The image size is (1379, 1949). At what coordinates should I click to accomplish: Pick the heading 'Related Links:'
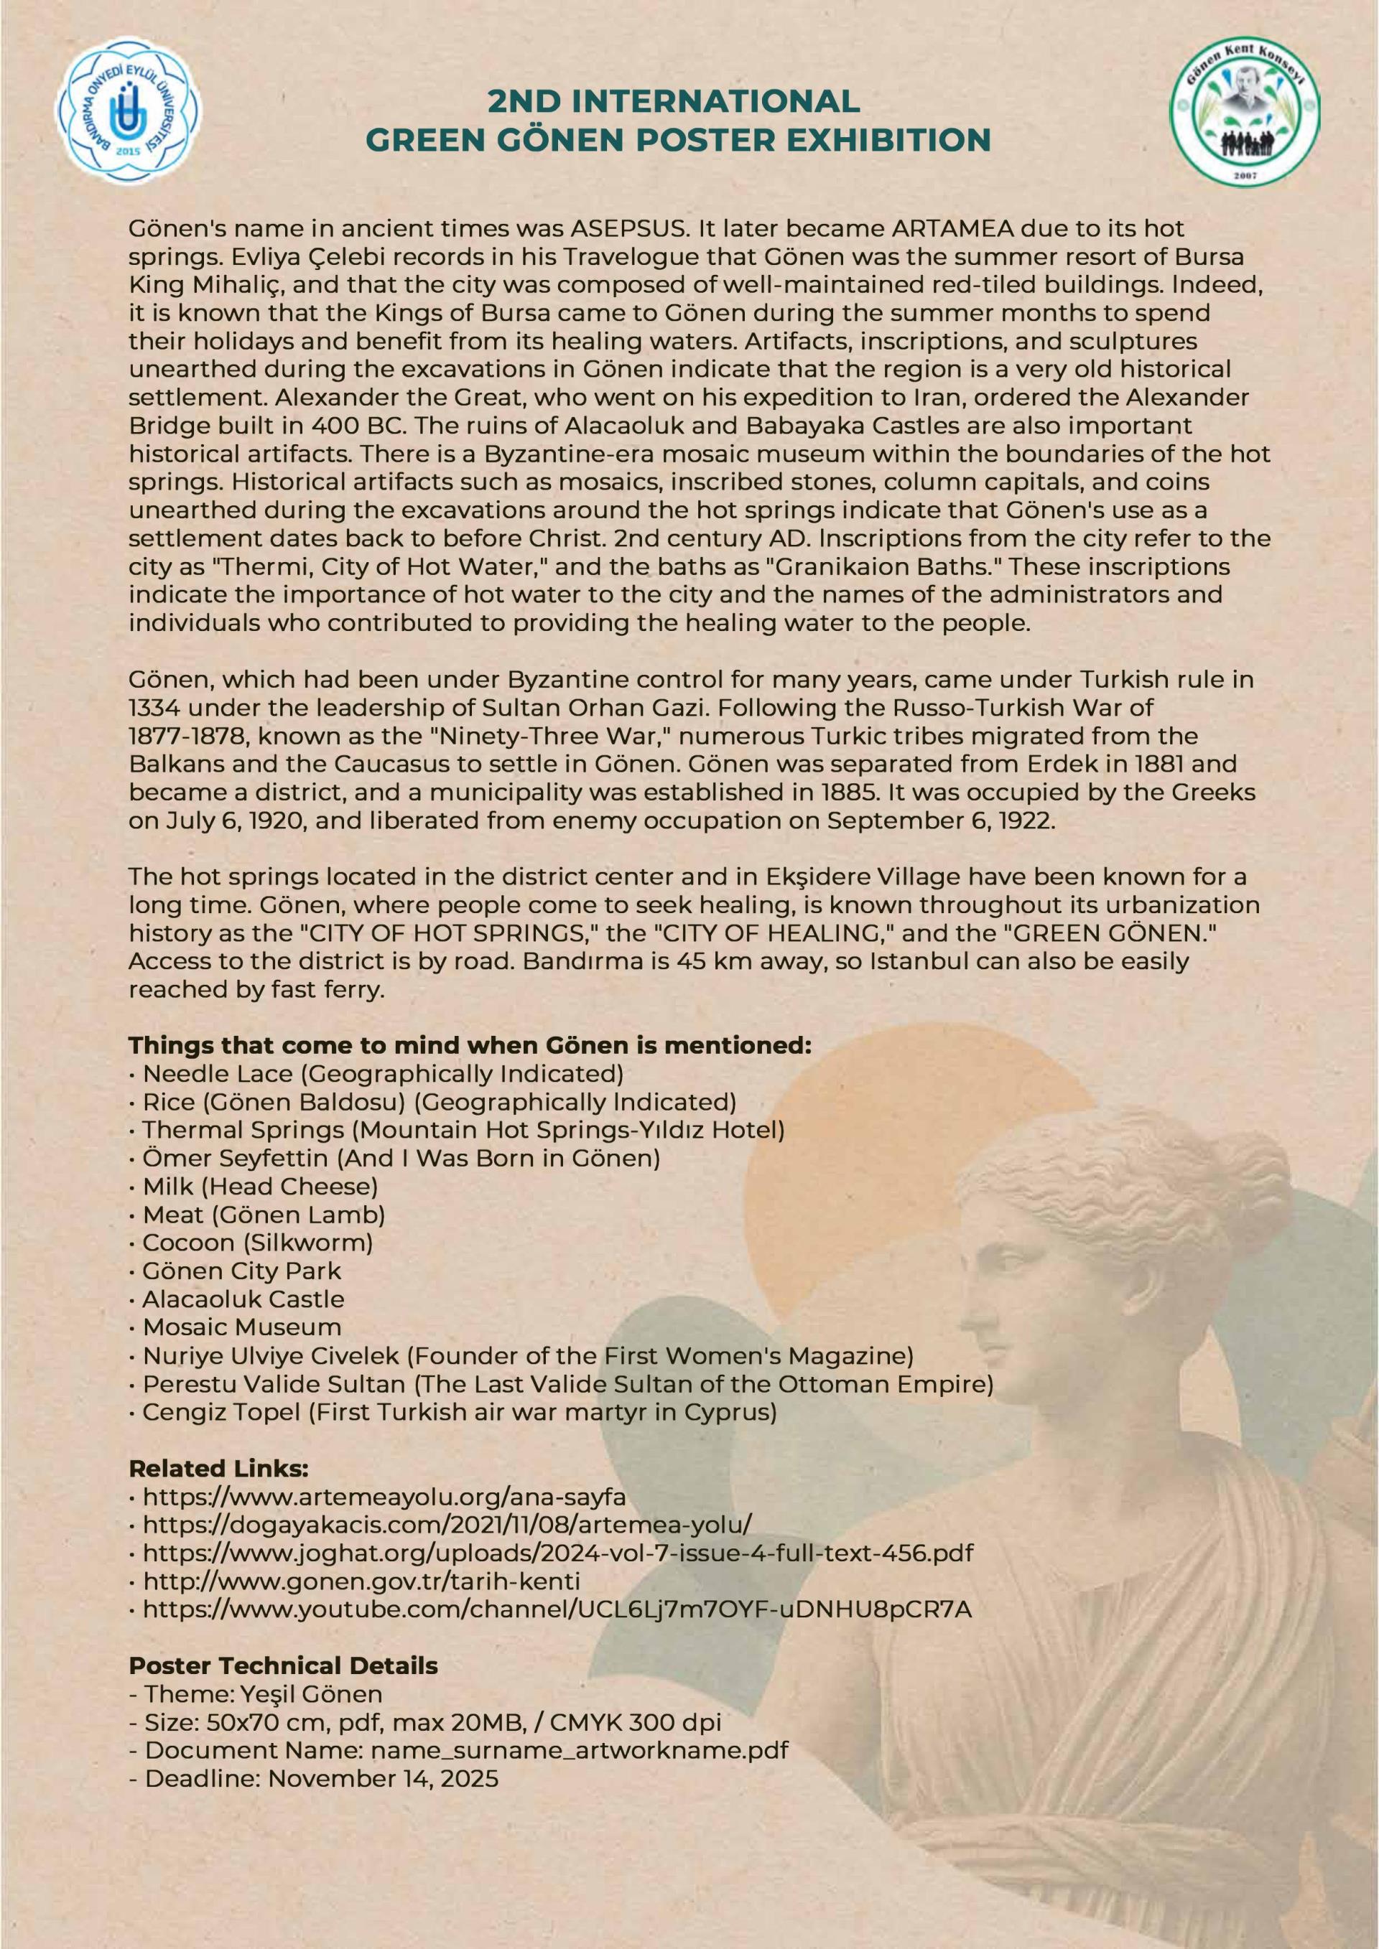(x=218, y=1469)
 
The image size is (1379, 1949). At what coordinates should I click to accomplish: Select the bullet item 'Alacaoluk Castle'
(x=243, y=1299)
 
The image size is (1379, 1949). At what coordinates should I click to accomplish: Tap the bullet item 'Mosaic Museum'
(x=242, y=1327)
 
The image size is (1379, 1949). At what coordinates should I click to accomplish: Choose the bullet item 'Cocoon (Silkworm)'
(x=257, y=1243)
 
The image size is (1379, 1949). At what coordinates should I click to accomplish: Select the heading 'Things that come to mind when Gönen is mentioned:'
(x=470, y=1045)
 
